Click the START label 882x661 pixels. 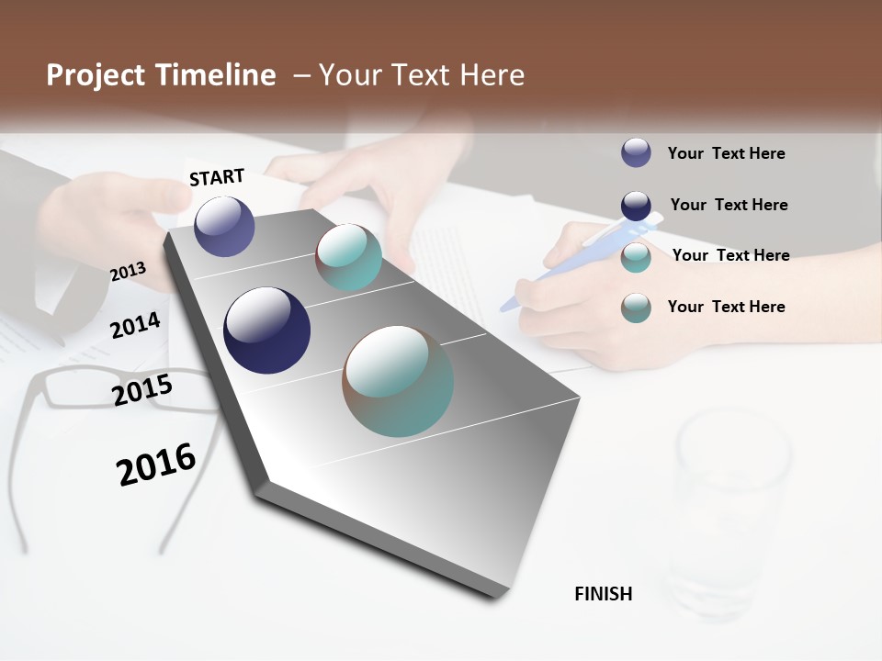coord(217,177)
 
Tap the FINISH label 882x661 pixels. coord(603,594)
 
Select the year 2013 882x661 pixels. coord(128,271)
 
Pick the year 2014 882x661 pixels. coord(135,325)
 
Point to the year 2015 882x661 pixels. coord(141,390)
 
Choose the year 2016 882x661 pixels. coord(156,464)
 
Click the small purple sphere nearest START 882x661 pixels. coord(224,226)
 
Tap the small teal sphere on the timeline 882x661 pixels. coord(348,257)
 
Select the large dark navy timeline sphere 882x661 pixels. coord(266,330)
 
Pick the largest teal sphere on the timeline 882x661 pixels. coord(398,381)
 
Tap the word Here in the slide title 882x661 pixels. coord(492,75)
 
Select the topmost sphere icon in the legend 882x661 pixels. coord(636,152)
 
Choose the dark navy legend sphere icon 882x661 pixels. coord(636,205)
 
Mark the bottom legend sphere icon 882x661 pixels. coord(636,308)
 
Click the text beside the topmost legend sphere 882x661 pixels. coord(726,153)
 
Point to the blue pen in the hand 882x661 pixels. coord(551,271)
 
